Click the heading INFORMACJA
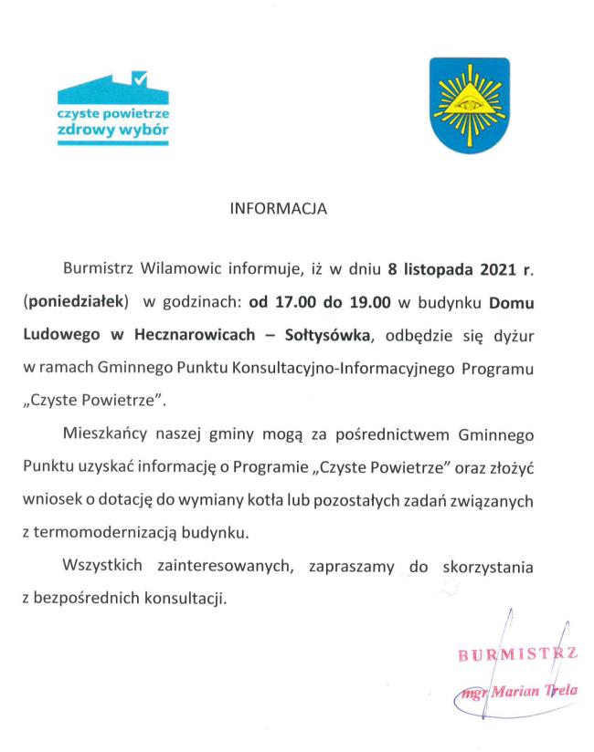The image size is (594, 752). click(277, 209)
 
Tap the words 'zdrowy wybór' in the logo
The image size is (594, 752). click(112, 131)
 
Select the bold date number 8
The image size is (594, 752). click(392, 269)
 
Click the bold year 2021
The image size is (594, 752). click(496, 269)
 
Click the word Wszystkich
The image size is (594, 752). click(101, 567)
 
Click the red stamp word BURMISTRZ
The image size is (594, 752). click(517, 654)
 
